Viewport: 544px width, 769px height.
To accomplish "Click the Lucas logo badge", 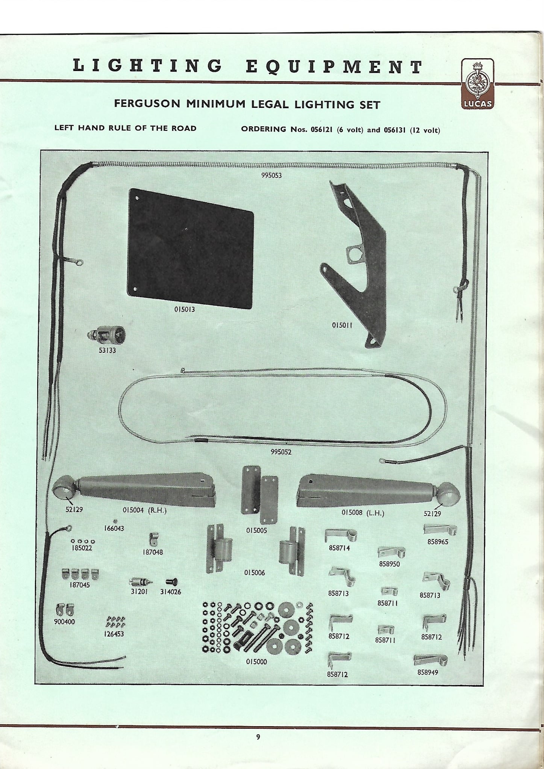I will (x=477, y=83).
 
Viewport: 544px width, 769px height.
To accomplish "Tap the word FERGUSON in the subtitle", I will (x=147, y=104).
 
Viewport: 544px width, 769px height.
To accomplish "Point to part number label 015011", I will (x=342, y=325).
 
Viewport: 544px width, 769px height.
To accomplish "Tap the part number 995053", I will (x=271, y=176).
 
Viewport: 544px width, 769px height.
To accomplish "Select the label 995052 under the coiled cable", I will (x=281, y=452).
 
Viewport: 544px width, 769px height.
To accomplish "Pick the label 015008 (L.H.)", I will (x=362, y=513).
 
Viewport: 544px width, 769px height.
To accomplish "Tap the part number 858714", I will (x=339, y=548).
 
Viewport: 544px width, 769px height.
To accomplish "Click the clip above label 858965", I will (x=439, y=530).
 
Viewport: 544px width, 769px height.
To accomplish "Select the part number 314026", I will (x=170, y=592).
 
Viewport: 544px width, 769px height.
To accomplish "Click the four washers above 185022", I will (x=82, y=541).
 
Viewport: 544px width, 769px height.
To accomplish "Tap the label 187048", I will (x=153, y=552).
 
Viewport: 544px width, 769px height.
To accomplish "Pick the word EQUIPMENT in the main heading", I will (x=335, y=67).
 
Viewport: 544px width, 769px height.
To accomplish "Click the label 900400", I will (x=64, y=622).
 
